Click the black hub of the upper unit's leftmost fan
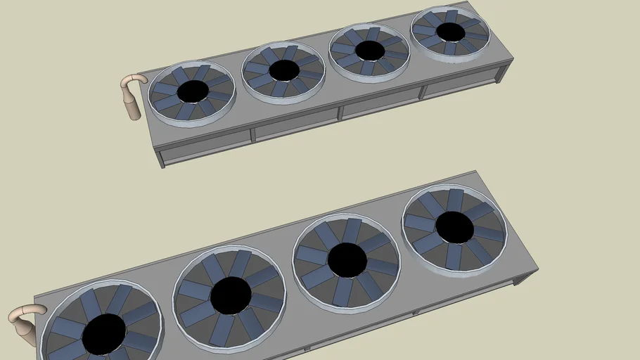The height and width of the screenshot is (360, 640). point(192,91)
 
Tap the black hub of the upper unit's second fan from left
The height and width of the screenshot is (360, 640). point(284,70)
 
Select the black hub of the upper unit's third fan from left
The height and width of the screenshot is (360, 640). point(369,51)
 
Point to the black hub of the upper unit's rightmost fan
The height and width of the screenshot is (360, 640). point(450,32)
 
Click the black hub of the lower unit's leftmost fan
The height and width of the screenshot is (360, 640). point(104,334)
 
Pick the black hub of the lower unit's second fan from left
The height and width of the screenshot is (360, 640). point(230,295)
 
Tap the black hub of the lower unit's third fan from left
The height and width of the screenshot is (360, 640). point(347,259)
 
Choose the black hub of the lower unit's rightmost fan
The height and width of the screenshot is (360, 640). point(454,226)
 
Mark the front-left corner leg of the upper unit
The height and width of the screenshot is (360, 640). point(161,158)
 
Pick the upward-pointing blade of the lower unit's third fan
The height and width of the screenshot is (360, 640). point(351,231)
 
